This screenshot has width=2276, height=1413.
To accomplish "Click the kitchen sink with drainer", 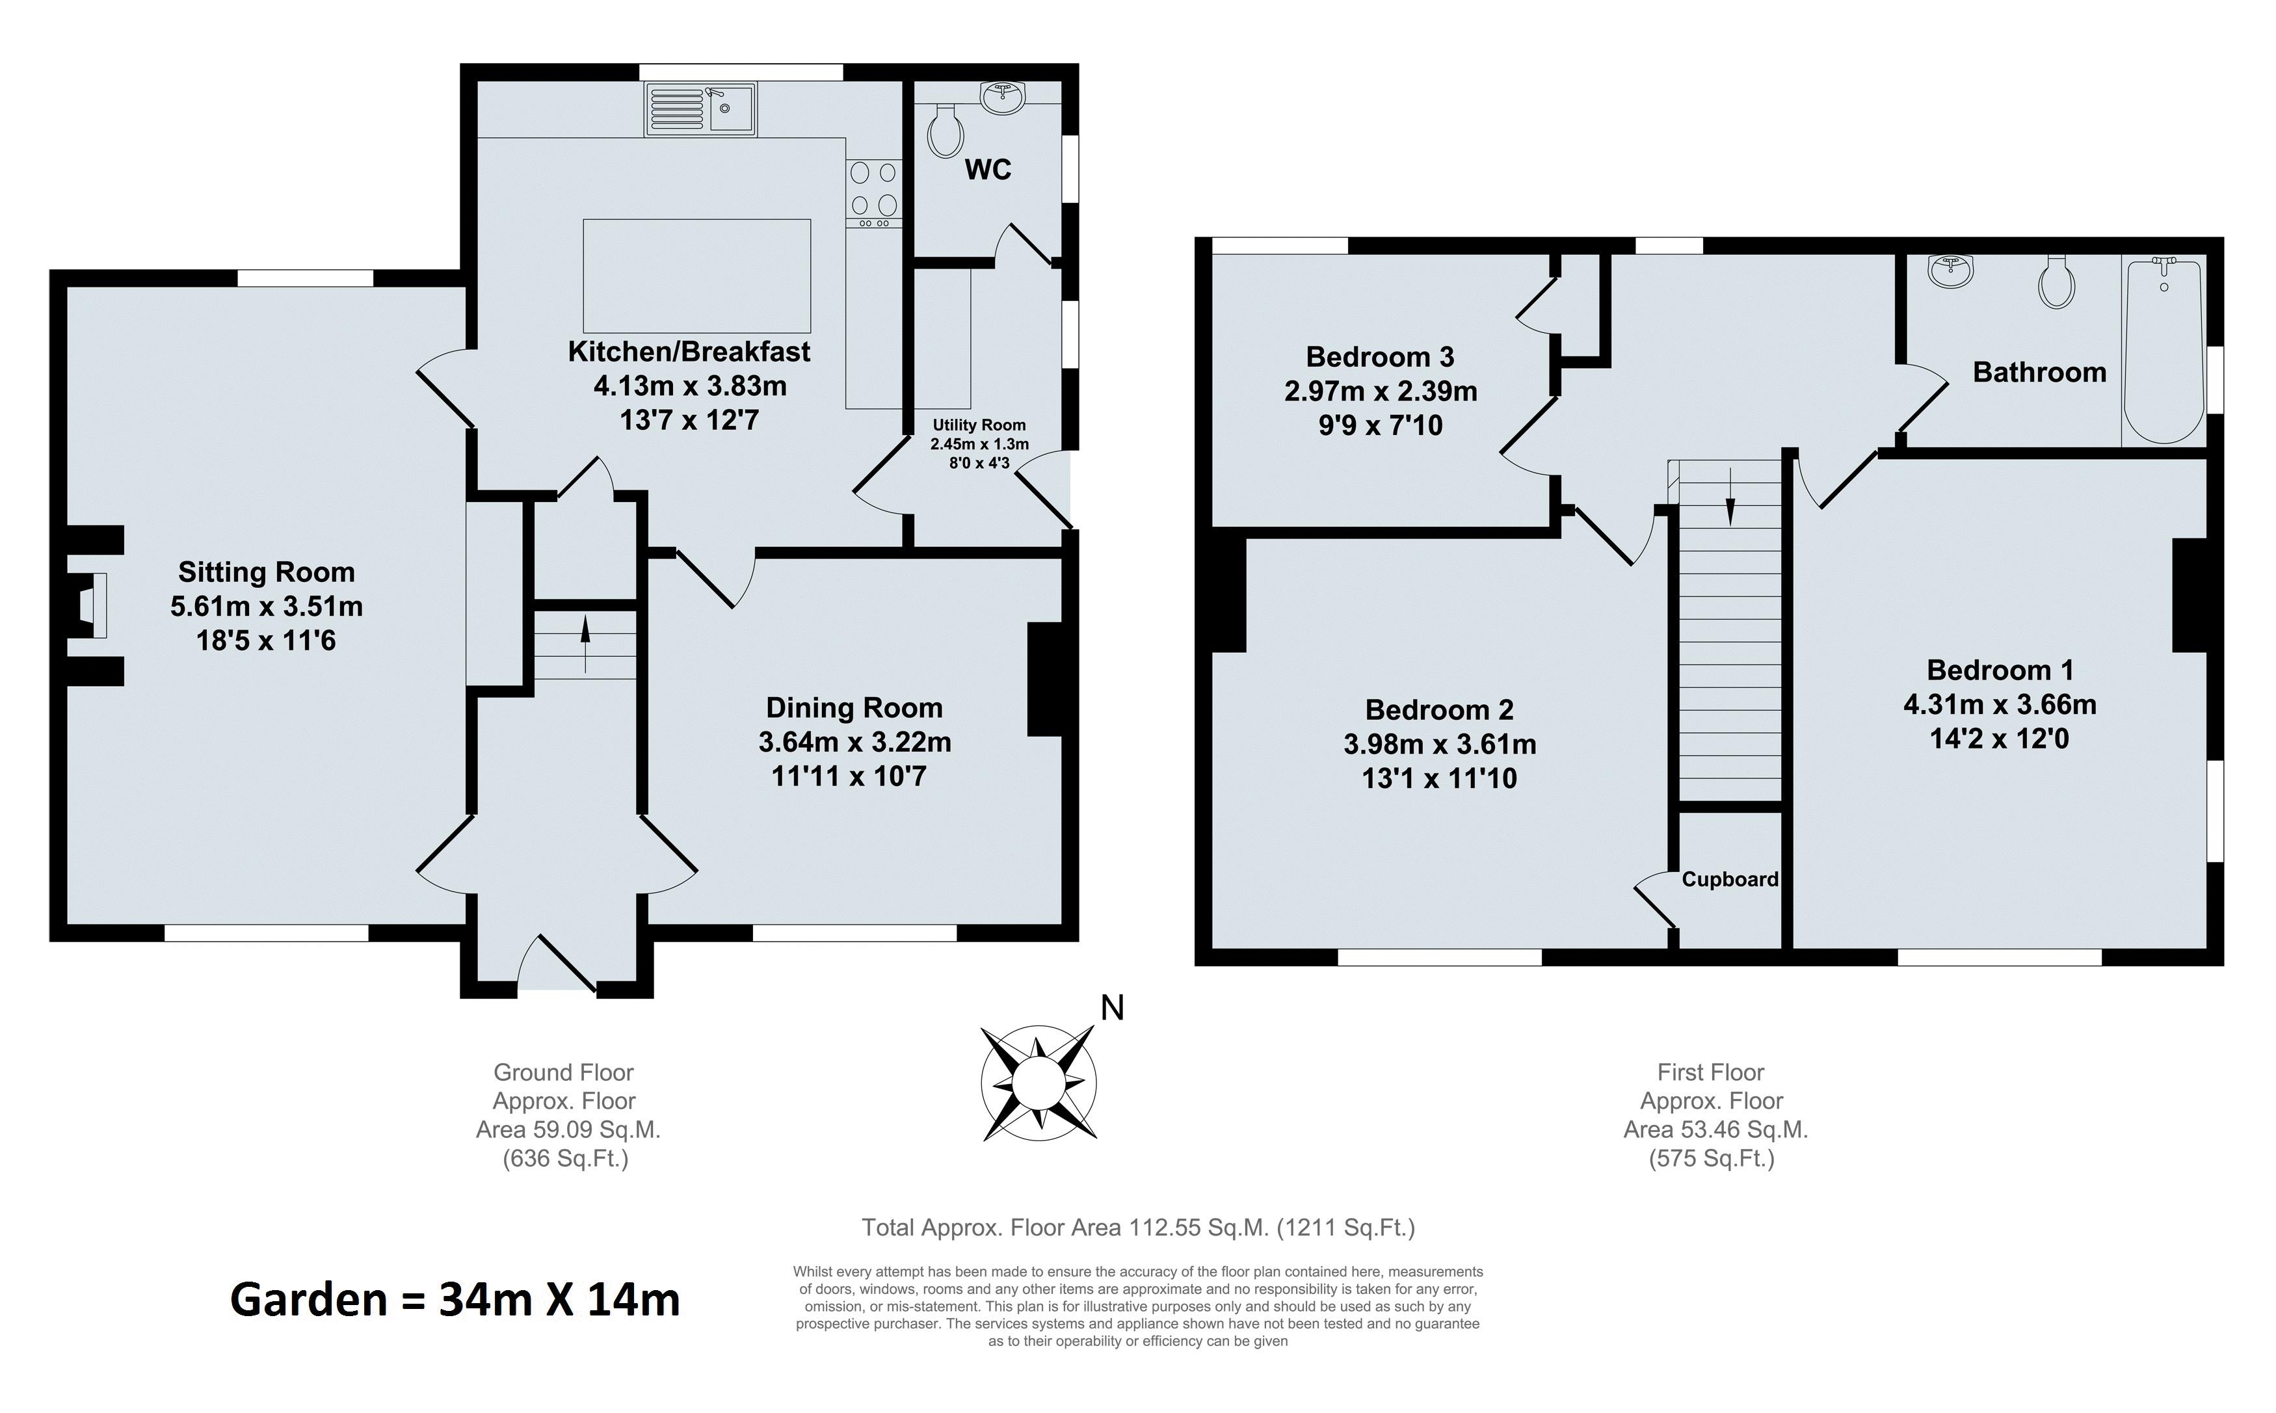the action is [700, 109].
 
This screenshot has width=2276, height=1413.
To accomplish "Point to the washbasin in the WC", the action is [1003, 94].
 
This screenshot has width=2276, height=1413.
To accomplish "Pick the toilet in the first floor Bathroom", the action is [2058, 282].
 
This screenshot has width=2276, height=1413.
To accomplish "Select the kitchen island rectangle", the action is [697, 276].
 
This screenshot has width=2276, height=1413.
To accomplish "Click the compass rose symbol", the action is [1038, 1083].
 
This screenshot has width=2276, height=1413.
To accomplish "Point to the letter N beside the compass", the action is [1112, 1007].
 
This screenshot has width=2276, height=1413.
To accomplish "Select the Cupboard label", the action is [1730, 879].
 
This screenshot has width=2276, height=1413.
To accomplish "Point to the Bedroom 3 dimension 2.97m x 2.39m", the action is [1381, 391].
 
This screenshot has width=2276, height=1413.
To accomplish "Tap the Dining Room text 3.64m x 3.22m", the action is [855, 742].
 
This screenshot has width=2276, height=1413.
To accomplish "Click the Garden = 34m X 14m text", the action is [455, 1300].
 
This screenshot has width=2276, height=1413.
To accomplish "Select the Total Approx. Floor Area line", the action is [1138, 1227].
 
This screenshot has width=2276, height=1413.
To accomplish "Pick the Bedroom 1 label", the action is [2000, 670].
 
